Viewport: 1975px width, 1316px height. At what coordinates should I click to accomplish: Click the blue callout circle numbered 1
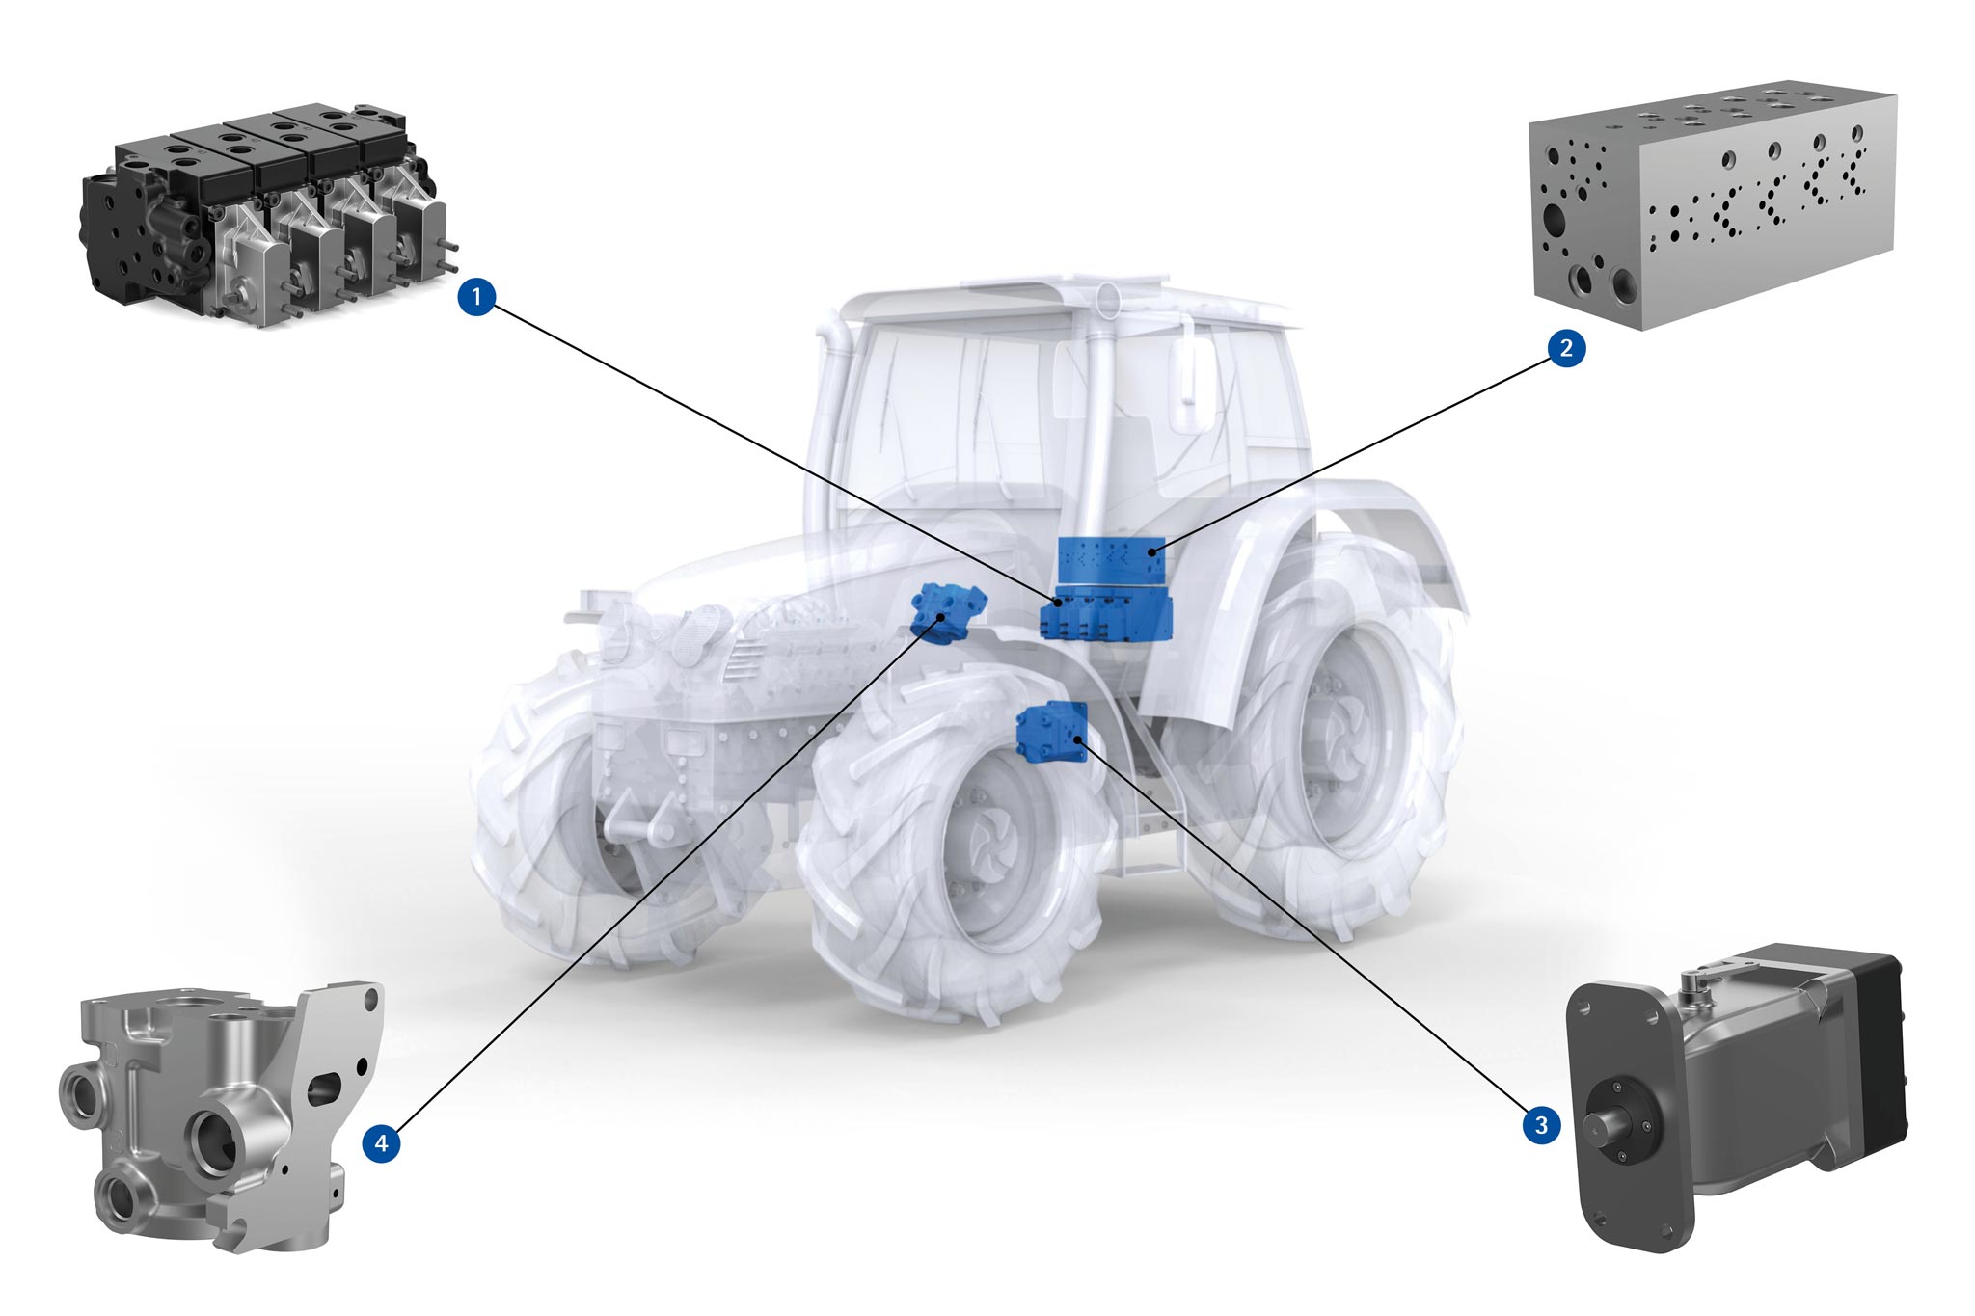click(476, 297)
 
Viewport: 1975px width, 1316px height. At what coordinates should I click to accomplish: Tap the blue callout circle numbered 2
click(1566, 348)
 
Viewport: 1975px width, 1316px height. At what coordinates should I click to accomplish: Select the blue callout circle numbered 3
click(1541, 1124)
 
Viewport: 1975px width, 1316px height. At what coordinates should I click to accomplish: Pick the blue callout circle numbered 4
click(382, 1143)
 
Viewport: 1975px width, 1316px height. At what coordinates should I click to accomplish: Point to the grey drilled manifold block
click(1713, 207)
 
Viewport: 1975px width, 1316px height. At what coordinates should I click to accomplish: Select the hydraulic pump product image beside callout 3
click(1736, 1094)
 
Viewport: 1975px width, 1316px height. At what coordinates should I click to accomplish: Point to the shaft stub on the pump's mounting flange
click(1615, 1125)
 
